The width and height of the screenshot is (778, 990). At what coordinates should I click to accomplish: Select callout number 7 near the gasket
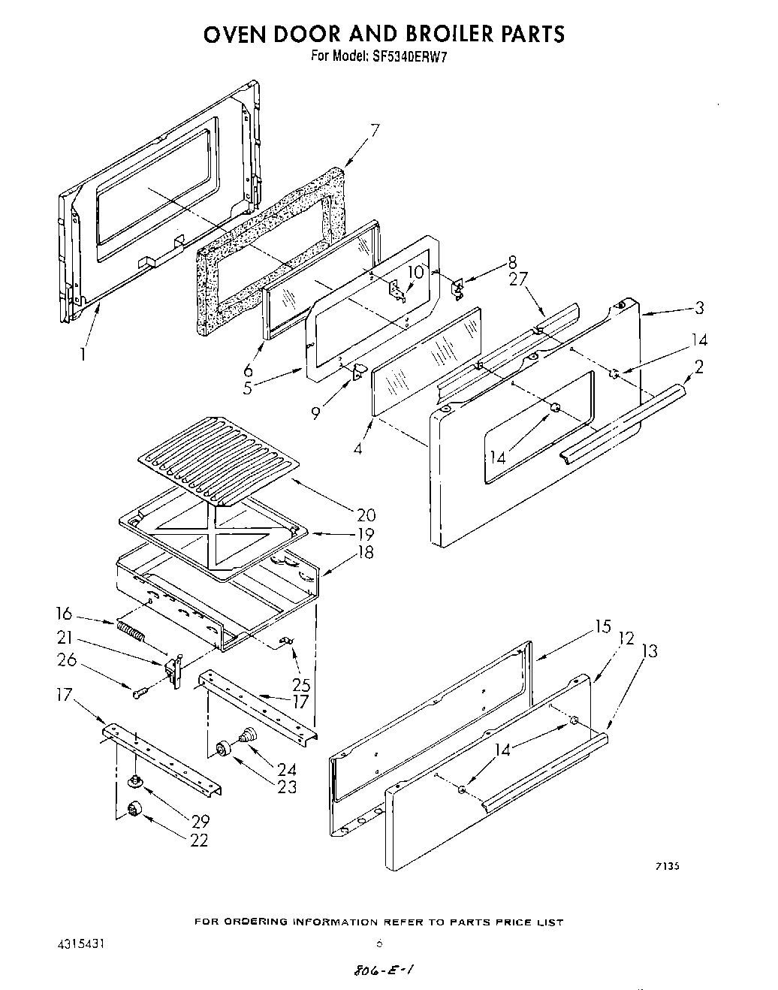(x=375, y=130)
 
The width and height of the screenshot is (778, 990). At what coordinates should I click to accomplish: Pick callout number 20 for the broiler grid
(x=366, y=515)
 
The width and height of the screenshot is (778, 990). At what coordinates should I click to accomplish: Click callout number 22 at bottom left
(x=199, y=841)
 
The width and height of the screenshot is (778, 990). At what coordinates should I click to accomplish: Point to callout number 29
(x=199, y=821)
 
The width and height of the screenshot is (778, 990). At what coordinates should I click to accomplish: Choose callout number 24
(x=286, y=769)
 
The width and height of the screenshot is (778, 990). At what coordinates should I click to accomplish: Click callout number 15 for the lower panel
(x=602, y=626)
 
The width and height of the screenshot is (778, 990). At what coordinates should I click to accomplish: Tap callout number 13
(x=649, y=650)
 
